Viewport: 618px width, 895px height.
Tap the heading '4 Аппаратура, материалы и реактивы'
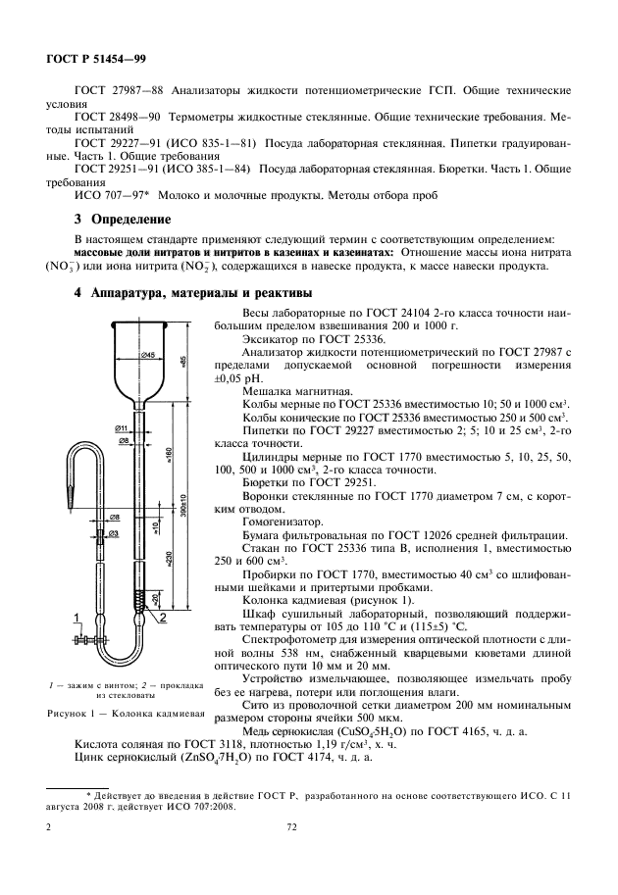pos(194,293)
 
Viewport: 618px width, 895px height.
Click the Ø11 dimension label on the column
pos(122,428)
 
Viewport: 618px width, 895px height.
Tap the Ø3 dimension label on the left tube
pos(114,533)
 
